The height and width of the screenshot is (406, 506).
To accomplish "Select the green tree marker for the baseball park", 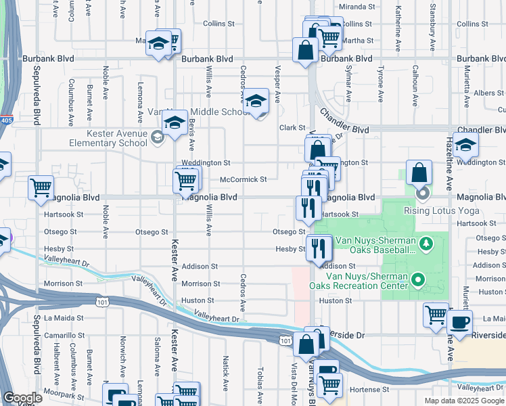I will tap(425, 242).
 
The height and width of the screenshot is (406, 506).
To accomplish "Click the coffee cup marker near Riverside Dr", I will tap(460, 322).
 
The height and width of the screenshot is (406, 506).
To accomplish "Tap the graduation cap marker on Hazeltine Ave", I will tap(465, 144).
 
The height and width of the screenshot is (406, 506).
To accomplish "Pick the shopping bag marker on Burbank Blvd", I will tap(306, 50).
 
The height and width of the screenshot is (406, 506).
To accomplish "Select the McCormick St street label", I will tap(244, 179).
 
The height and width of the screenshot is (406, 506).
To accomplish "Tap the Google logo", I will tap(22, 398).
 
